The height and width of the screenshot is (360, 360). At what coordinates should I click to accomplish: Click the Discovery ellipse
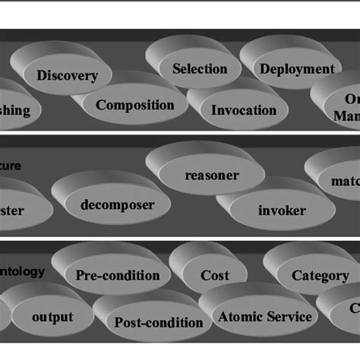[x=67, y=76]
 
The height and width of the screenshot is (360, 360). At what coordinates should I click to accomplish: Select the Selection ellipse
[x=200, y=69]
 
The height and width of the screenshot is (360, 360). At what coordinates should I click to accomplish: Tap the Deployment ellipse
[x=297, y=69]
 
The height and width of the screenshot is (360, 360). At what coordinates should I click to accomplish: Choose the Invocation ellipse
[x=244, y=110]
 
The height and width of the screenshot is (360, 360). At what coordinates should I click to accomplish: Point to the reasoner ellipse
[x=212, y=175]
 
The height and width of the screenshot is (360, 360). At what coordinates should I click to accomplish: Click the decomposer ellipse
[x=118, y=205]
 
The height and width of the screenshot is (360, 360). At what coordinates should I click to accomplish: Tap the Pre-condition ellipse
[x=118, y=276]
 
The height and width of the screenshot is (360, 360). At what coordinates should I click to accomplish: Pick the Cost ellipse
[x=215, y=276]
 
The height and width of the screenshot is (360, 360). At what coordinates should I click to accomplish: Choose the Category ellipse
[x=320, y=276]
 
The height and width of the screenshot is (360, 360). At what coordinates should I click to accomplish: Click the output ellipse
[x=52, y=317]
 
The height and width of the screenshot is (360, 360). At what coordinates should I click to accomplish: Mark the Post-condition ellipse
[x=159, y=322]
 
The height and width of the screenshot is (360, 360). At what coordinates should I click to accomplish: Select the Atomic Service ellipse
[x=264, y=317]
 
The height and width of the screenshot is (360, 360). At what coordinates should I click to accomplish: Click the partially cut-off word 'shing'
[x=15, y=111]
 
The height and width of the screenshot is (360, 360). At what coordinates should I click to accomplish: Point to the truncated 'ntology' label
[x=23, y=270]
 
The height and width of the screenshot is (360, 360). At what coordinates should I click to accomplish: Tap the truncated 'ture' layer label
[x=11, y=165]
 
